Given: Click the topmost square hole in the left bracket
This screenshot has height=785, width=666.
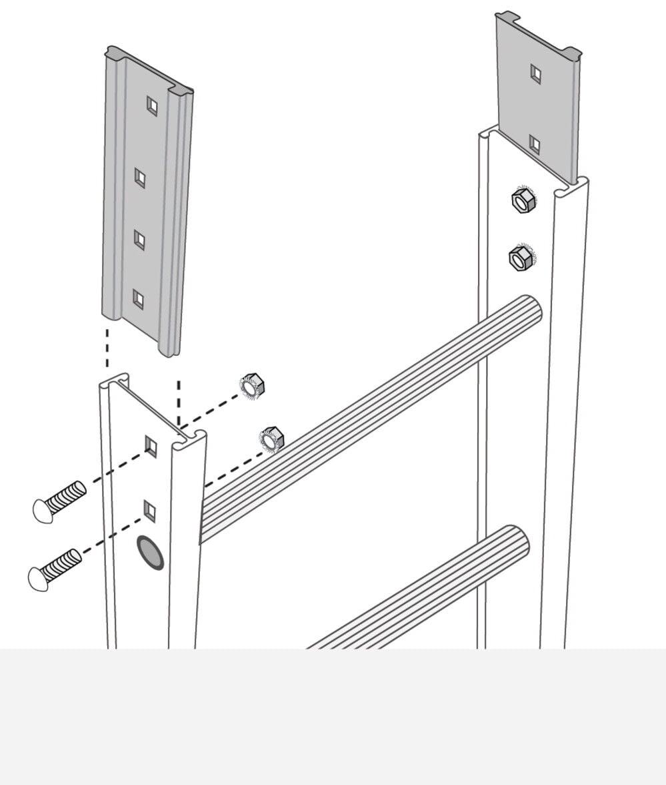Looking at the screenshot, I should click(152, 105).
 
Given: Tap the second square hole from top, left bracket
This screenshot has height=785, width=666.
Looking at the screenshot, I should click(140, 178).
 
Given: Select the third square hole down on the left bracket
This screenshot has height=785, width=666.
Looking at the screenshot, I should click(139, 238).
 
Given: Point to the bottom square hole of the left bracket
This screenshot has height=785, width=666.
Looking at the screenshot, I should click(138, 299).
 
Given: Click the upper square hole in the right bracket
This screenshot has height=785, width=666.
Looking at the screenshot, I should click(535, 73).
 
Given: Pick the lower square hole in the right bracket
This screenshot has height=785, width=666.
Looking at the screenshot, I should click(534, 144).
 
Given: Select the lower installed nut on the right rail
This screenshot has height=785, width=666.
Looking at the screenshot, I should click(519, 257).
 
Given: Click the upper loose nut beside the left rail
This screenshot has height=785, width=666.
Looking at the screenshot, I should click(253, 386).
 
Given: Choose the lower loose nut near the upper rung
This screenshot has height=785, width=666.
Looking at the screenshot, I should click(271, 439).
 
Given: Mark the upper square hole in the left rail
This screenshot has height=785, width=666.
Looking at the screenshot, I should click(151, 446).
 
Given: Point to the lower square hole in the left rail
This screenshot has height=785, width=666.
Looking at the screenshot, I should click(150, 511).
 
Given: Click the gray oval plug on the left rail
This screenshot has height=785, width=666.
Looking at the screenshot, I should click(150, 553).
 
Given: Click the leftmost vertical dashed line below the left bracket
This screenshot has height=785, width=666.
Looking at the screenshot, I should click(107, 347).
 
